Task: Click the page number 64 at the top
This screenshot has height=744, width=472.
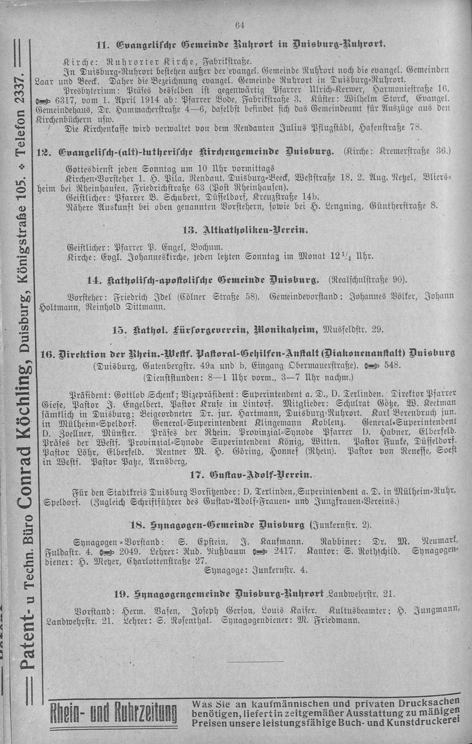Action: tap(239, 25)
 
